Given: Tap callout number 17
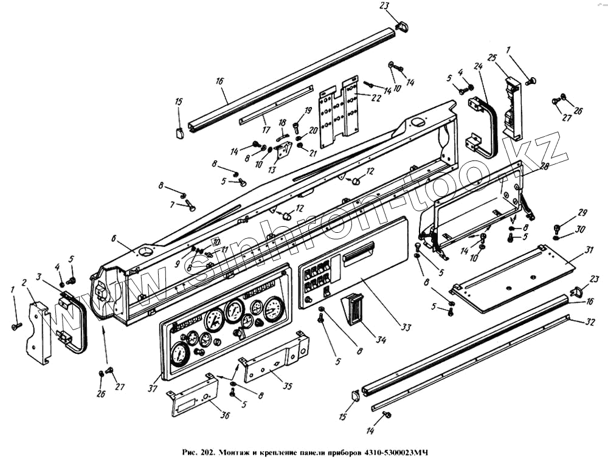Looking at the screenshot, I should [265, 129].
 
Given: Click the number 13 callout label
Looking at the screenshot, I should [272, 171].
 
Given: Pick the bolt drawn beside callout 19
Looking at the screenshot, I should [296, 128].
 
